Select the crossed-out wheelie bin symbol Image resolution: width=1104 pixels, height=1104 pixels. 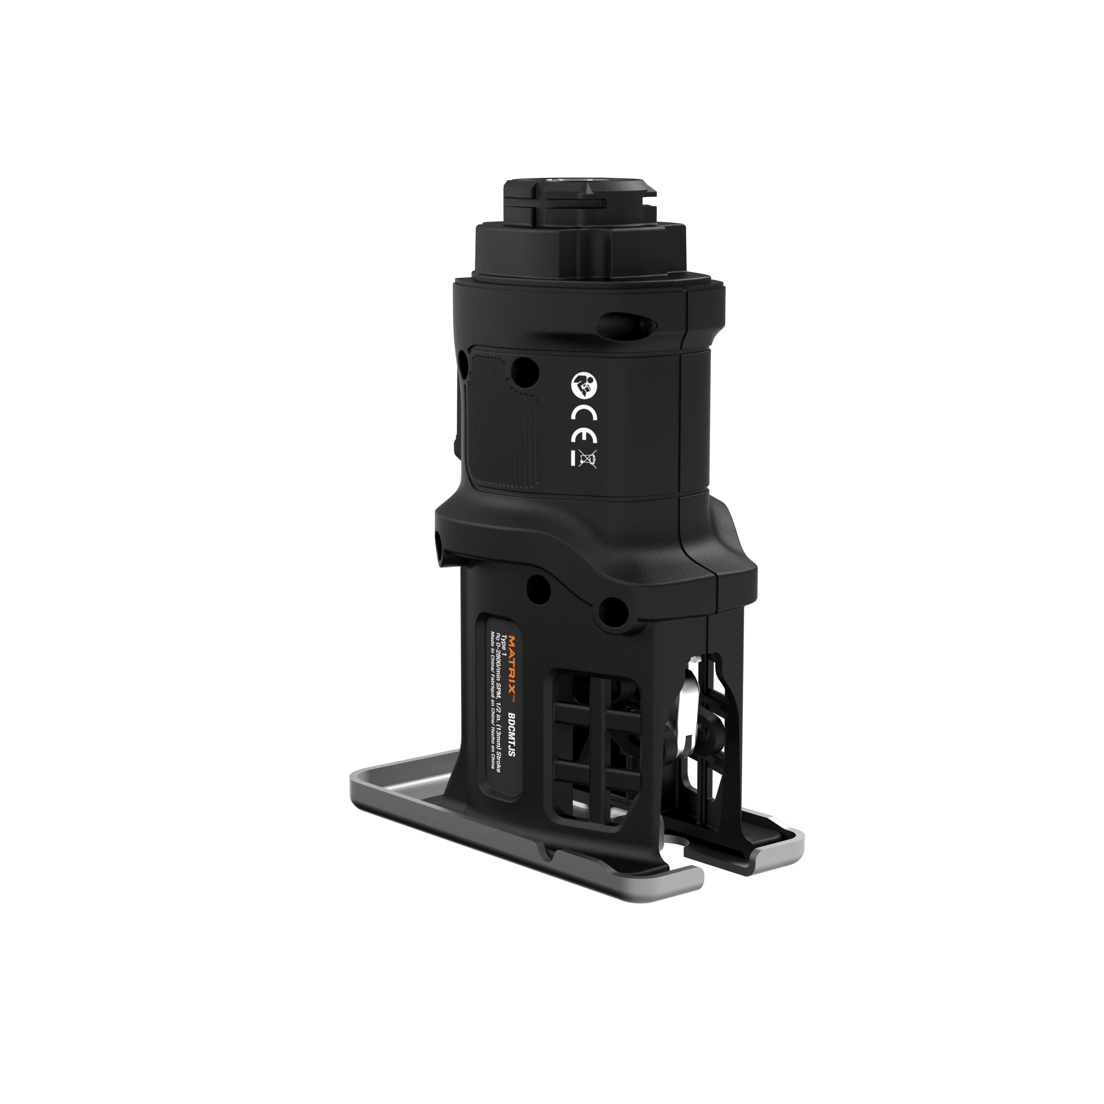(x=587, y=459)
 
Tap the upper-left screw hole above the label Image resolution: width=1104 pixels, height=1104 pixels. (x=538, y=587)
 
